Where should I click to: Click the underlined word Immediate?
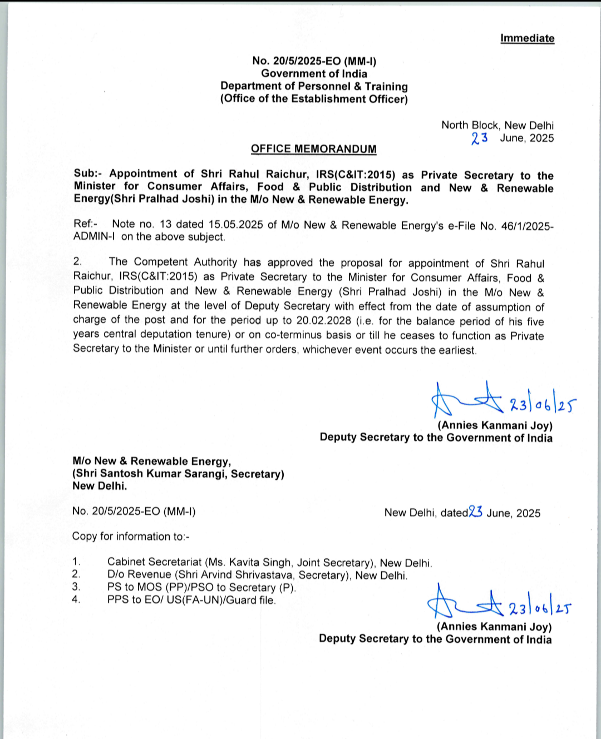527,38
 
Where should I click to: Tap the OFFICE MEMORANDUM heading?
313,149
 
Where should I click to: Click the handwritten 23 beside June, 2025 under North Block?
479,138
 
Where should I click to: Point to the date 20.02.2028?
323,320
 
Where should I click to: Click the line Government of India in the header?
314,73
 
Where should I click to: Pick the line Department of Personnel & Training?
314,86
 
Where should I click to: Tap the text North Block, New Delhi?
497,125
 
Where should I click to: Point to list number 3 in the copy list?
76,587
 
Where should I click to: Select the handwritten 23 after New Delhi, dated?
475,512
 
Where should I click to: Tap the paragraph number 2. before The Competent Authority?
77,261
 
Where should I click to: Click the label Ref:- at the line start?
85,224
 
